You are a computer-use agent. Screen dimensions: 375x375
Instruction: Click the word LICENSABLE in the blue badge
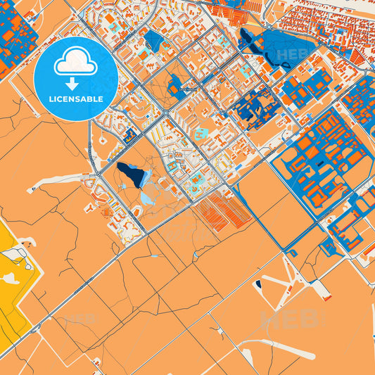[76, 99]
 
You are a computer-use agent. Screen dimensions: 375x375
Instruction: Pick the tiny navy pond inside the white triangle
[258, 284]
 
